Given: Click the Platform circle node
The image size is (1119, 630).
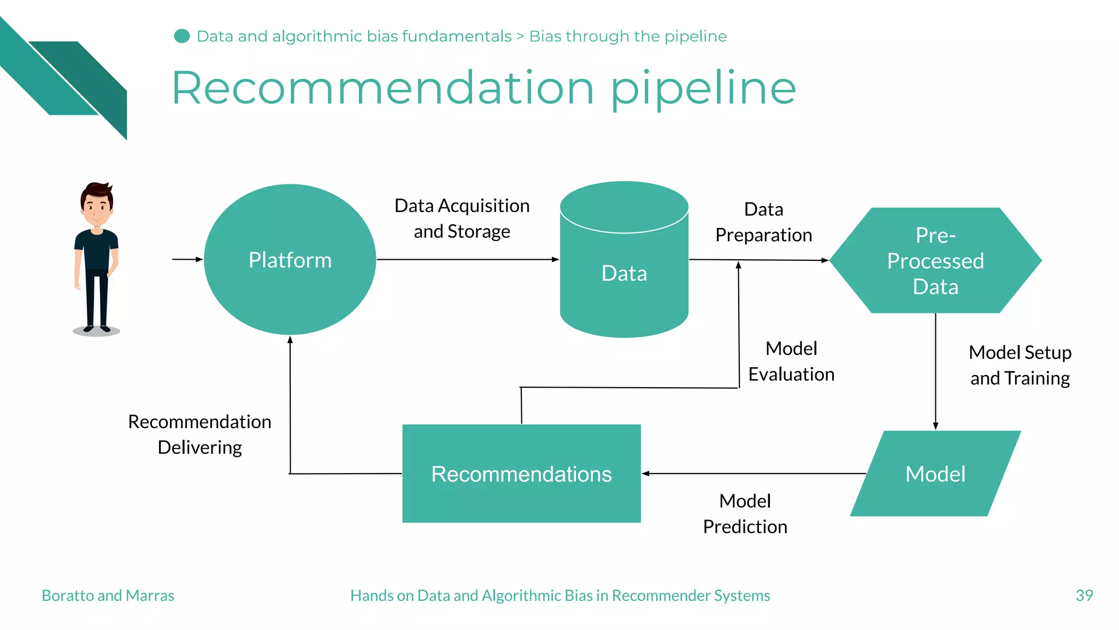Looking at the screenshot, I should coord(290,260).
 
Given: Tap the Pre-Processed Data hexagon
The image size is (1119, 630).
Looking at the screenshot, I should coord(935,261).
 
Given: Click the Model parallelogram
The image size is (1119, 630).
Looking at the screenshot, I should coord(935,474).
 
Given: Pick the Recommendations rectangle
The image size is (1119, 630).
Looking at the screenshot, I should coord(521,474).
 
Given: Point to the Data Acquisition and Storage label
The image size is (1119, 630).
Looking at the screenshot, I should coord(462,219).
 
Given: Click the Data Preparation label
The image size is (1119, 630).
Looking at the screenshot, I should coord(764,222).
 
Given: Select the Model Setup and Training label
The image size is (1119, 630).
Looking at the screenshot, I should coord(1020,365).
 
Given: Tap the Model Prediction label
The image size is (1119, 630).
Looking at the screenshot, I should coord(745,514).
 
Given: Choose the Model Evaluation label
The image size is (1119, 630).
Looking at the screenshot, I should coord(791,361).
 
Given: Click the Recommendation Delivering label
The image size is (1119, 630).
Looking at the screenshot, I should coord(200,434).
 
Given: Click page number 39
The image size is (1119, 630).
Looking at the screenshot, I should coord(1084,595).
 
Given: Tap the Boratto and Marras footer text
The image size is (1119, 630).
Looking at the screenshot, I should coord(108,595).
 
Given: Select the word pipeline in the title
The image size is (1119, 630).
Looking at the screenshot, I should coord(703,89).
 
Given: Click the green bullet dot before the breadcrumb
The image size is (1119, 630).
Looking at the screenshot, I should coord(181,36).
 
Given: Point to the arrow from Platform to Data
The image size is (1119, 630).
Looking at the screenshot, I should coord(467,259).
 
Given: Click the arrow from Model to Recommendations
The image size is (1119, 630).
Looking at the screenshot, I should coord(754,474).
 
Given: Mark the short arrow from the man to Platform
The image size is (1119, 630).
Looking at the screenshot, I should coord(187,259).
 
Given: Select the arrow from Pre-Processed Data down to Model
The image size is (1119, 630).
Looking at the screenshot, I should coord(935,372).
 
